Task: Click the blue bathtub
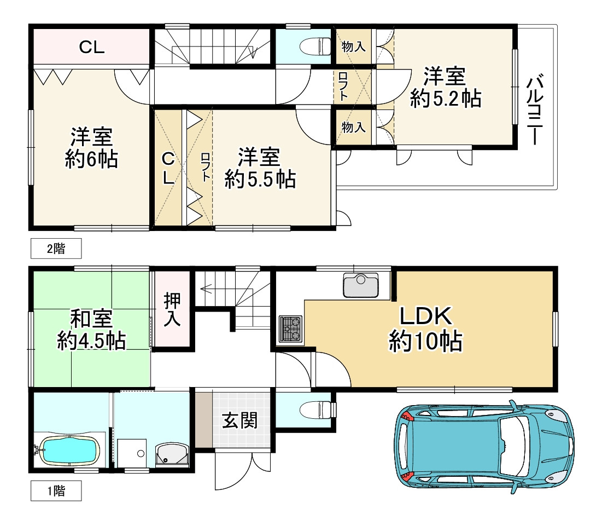coord(70,450)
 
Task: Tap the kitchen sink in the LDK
coord(360,285)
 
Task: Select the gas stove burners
coord(291,329)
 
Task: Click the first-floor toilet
coord(315,409)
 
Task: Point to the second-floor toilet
coord(315,47)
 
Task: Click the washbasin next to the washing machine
coord(172,454)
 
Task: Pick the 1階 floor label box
coord(56,491)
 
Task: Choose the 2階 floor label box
coord(56,249)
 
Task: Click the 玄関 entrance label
coord(240,420)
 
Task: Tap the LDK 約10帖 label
coord(425,328)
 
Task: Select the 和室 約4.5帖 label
coord(91,330)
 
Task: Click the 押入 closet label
coord(172,309)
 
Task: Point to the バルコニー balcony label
coord(535,110)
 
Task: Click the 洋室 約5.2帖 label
coord(445,87)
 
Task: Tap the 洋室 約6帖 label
coord(91,148)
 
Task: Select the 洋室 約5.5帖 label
coord(260,168)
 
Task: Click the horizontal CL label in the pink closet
coord(92,47)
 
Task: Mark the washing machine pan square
coord(132,453)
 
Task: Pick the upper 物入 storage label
coord(353,47)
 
